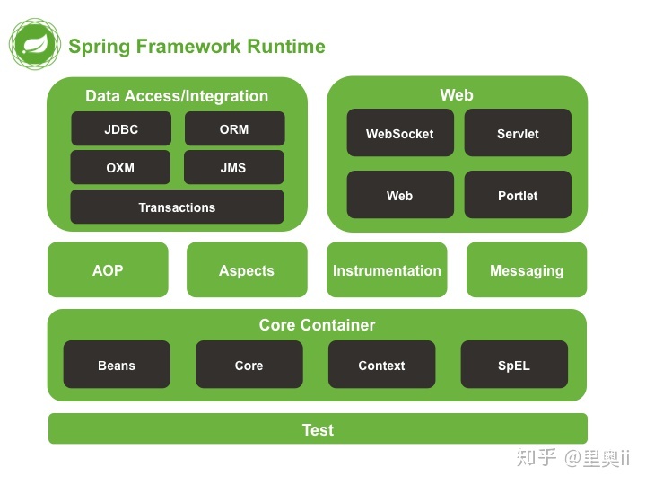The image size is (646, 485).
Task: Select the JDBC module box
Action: pos(120,128)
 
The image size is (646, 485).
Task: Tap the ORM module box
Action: pos(234,128)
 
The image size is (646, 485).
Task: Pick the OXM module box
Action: pos(120,168)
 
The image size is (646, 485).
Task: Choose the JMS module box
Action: pos(233,168)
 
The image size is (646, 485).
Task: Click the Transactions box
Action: pos(177,207)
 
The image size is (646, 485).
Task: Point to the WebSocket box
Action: pos(399,134)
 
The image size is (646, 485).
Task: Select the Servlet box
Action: pos(518,134)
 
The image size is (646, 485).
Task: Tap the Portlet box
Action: pos(518,196)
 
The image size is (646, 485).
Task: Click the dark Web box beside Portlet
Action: pos(399,196)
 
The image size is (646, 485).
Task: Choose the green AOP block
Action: pos(108,270)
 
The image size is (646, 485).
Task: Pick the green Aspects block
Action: pos(247,270)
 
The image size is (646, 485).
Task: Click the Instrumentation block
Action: pos(387,270)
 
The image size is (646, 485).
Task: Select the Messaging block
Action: pos(527,270)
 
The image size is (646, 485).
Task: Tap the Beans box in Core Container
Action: pos(117,366)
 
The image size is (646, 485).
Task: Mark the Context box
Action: pos(381,366)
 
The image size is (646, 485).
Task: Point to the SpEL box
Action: pos(514,366)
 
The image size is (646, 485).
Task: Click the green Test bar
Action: pos(318,429)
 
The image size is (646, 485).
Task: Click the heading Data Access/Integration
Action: pos(177,96)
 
